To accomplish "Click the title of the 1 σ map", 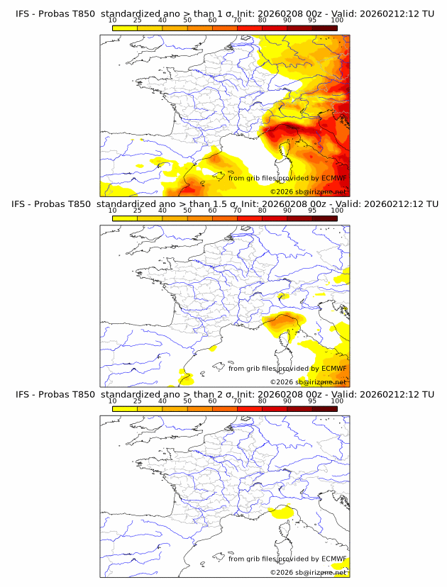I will [224, 13].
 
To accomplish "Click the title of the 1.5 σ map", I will [224, 204].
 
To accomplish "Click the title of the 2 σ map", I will [224, 394].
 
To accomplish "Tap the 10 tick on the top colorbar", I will [113, 21].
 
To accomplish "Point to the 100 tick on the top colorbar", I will [337, 21].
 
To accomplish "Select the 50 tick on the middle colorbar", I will [187, 211].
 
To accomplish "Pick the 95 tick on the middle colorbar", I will [312, 211].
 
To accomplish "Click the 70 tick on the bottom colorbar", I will [237, 401].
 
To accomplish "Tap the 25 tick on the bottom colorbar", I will [138, 401].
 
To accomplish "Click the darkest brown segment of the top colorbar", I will [324, 27].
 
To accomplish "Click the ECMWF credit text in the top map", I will [287, 178].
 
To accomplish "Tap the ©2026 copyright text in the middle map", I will [308, 381].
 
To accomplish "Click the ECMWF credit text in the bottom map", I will [287, 559].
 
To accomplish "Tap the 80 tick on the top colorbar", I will [263, 21].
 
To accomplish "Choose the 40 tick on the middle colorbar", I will [162, 211].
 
